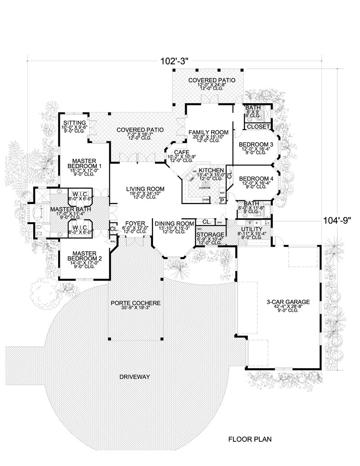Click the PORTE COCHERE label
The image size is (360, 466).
(x=135, y=303)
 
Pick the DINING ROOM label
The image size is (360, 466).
(x=174, y=223)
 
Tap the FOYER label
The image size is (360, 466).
(x=135, y=223)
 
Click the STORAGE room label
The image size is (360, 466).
(x=210, y=235)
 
